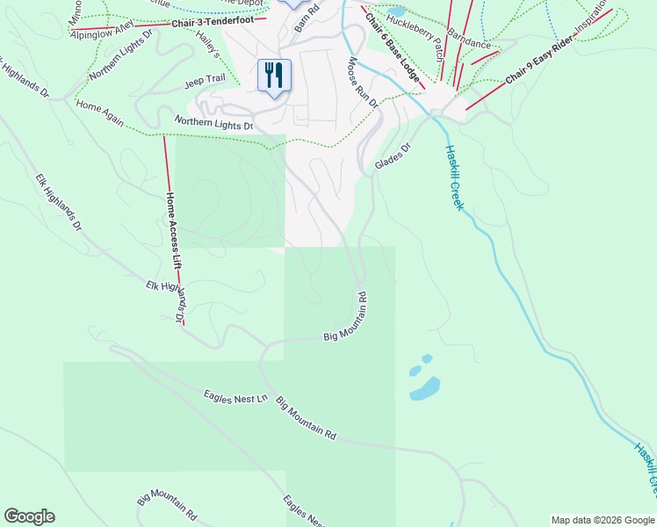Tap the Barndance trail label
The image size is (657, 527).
pyautogui.click(x=469, y=37)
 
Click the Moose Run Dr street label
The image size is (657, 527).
pyautogui.click(x=362, y=83)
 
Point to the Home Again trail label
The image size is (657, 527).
pyautogui.click(x=99, y=112)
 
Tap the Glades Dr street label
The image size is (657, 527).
pyautogui.click(x=393, y=158)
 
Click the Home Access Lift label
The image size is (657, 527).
pyautogui.click(x=174, y=230)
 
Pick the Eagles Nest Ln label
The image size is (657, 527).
pyautogui.click(x=235, y=398)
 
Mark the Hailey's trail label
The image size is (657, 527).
pyautogui.click(x=208, y=44)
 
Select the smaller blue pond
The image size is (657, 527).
pyautogui.click(x=427, y=358)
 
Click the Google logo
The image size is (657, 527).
pyautogui.click(x=29, y=516)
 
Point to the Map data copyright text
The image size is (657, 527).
pyautogui.click(x=602, y=520)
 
